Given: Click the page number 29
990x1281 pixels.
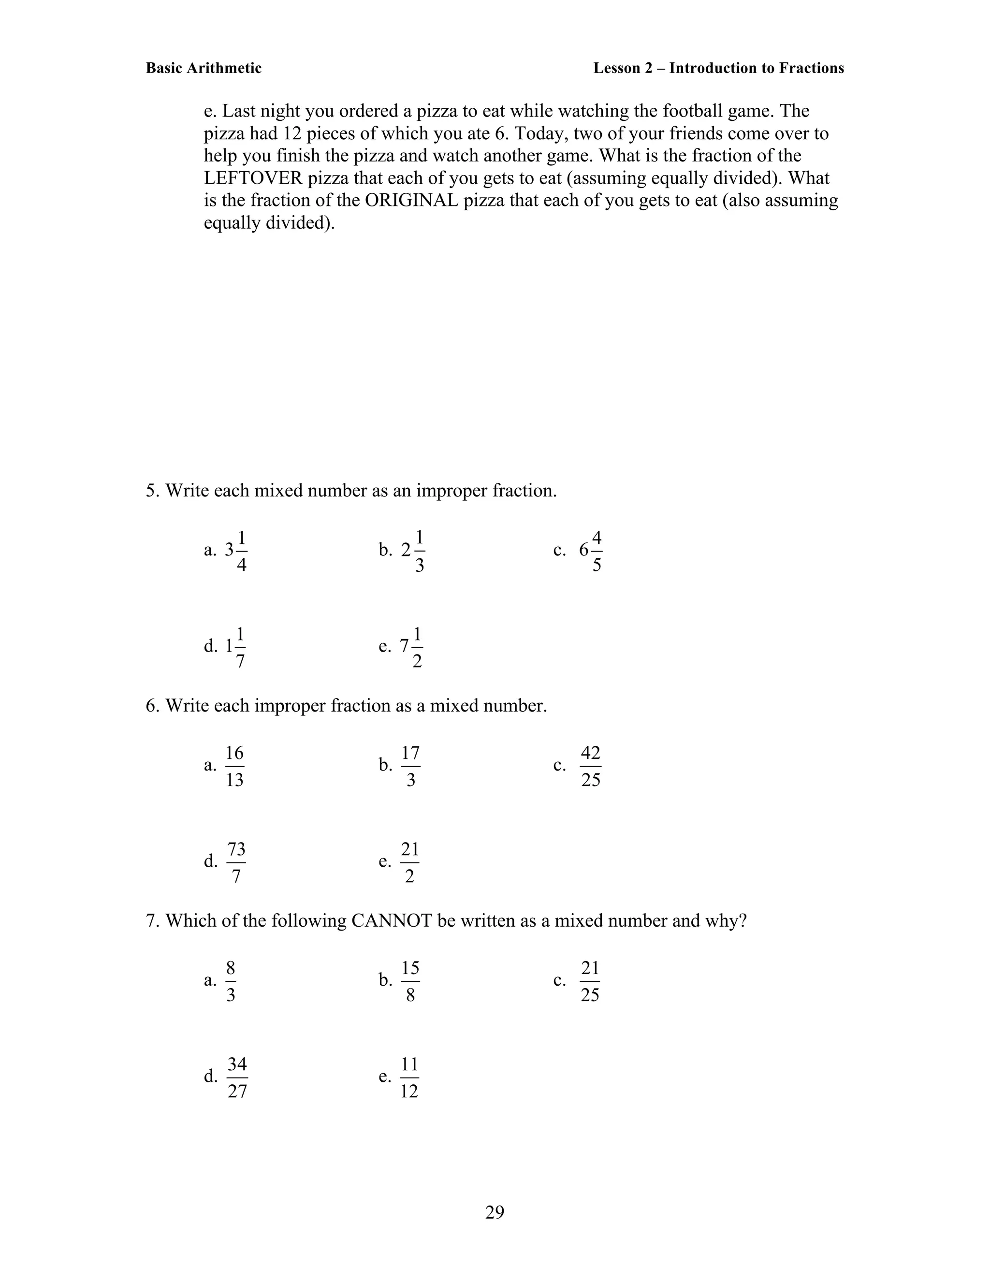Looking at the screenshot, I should (495, 1212).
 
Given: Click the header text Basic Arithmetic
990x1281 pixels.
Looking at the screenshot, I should (204, 68).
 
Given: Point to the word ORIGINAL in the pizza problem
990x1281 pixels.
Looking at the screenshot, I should (411, 200).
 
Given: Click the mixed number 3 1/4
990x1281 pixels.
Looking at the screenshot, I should (236, 551).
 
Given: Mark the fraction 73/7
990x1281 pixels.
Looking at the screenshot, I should (236, 862).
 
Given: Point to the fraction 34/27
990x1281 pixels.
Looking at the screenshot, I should (237, 1077).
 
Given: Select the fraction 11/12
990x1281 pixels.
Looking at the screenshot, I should (409, 1077).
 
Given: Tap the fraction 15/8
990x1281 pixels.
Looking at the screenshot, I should (410, 981).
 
